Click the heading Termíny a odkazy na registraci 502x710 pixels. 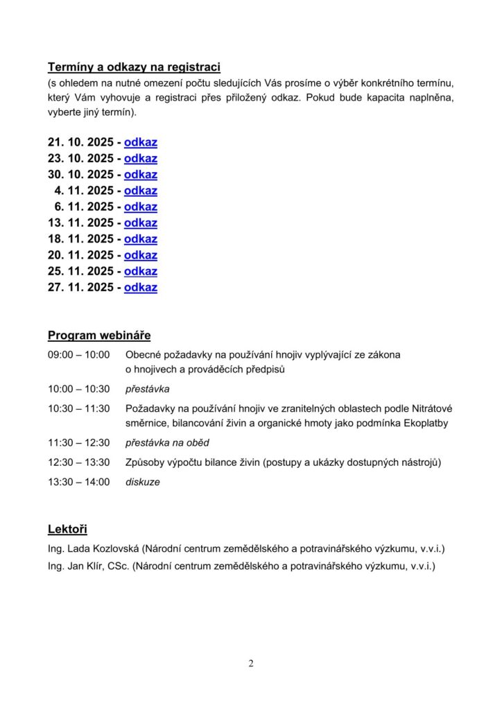134,67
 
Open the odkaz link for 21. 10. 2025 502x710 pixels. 141,143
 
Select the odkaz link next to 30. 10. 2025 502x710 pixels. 141,175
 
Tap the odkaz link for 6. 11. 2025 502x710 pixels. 141,207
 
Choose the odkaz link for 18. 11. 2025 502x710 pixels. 141,239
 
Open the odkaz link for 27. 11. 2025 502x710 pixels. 141,287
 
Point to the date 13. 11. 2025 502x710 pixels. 80,223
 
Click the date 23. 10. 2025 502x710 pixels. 80,159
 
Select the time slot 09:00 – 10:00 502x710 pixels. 79,355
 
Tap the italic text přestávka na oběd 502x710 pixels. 167,443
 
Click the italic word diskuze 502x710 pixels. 142,482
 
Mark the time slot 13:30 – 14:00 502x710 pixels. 79,482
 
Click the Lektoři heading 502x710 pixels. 67,530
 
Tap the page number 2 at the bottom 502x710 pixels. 251,664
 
